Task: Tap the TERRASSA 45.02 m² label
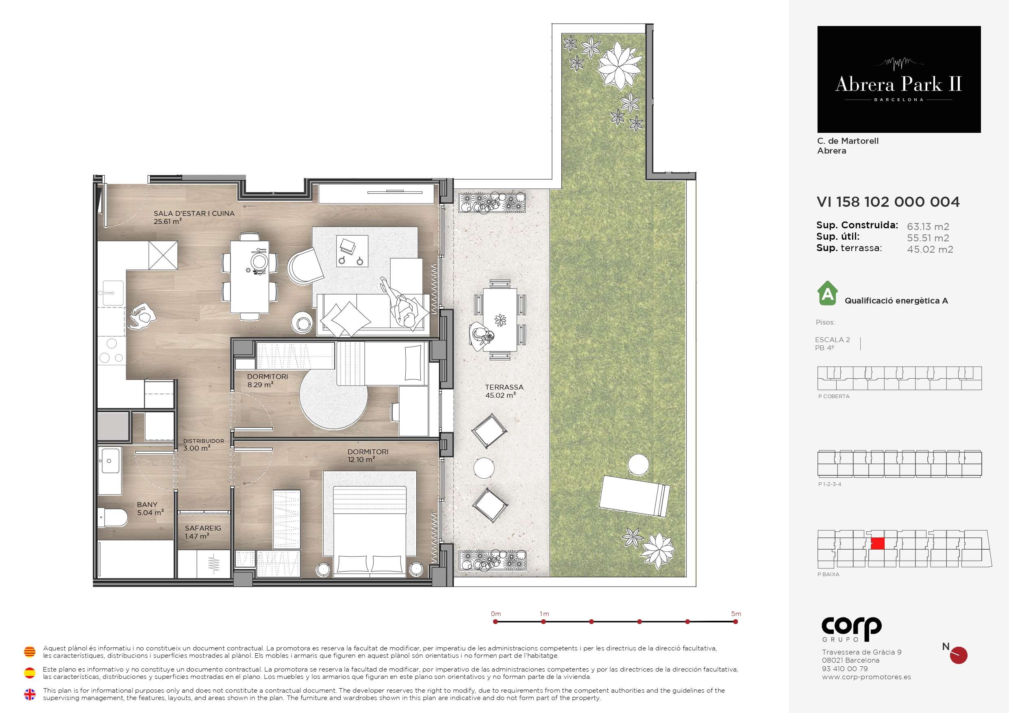click(x=504, y=391)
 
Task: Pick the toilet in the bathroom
click(x=113, y=517)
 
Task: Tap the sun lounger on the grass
click(x=635, y=496)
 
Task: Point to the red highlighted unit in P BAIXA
click(x=878, y=544)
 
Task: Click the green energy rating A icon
click(x=828, y=293)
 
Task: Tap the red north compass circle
click(x=959, y=655)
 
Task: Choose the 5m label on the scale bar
click(x=736, y=614)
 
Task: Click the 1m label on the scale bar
click(x=544, y=614)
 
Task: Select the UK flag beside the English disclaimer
click(x=29, y=694)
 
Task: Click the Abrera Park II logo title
click(x=898, y=84)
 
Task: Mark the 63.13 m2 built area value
click(x=928, y=227)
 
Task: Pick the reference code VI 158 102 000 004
click(x=888, y=202)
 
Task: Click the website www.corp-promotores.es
click(x=866, y=677)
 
